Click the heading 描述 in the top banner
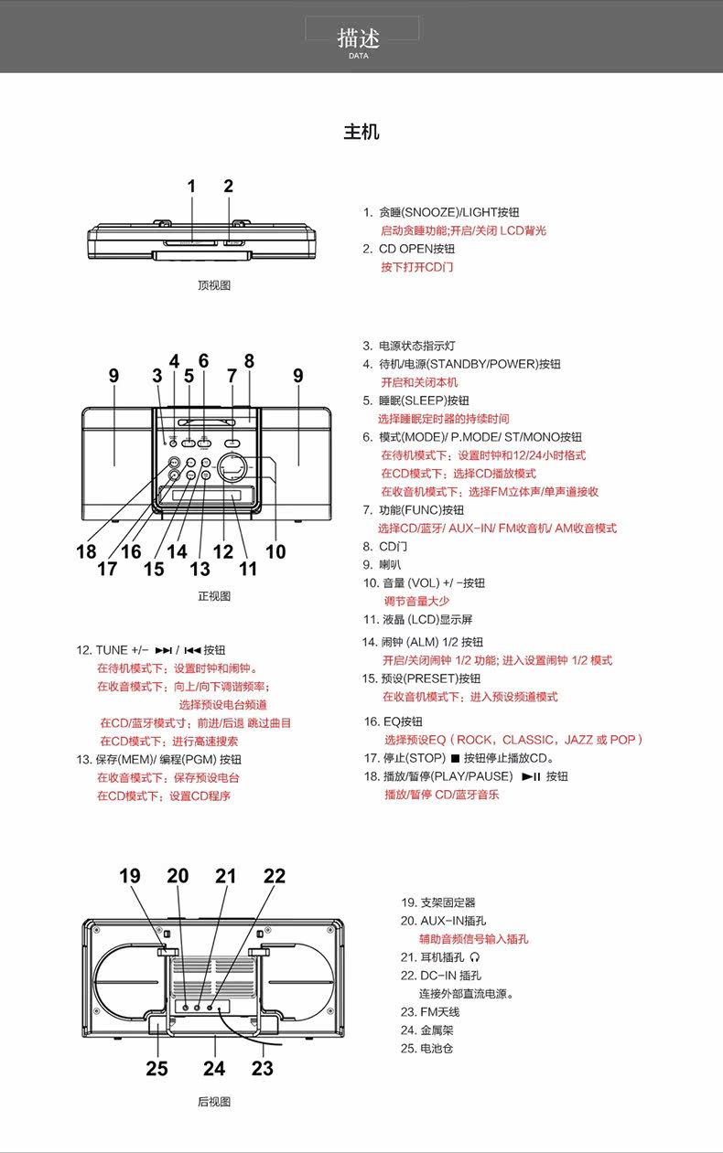[x=358, y=37]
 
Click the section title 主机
[x=361, y=132]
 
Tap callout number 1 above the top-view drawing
[x=192, y=187]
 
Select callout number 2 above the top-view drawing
[x=229, y=187]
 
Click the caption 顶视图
[x=214, y=285]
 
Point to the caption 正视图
[x=214, y=596]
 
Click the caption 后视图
[x=214, y=1102]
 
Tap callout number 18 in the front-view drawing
[x=86, y=551]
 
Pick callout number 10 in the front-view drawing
[x=275, y=551]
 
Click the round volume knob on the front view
[x=235, y=468]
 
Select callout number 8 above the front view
[x=249, y=361]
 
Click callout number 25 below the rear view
[x=157, y=1068]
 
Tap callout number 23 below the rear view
[x=263, y=1068]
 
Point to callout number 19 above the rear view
[x=130, y=876]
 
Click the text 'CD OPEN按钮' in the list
[x=416, y=249]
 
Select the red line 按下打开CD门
[x=416, y=267]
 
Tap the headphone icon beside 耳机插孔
[x=475, y=957]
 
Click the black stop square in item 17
[x=455, y=759]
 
